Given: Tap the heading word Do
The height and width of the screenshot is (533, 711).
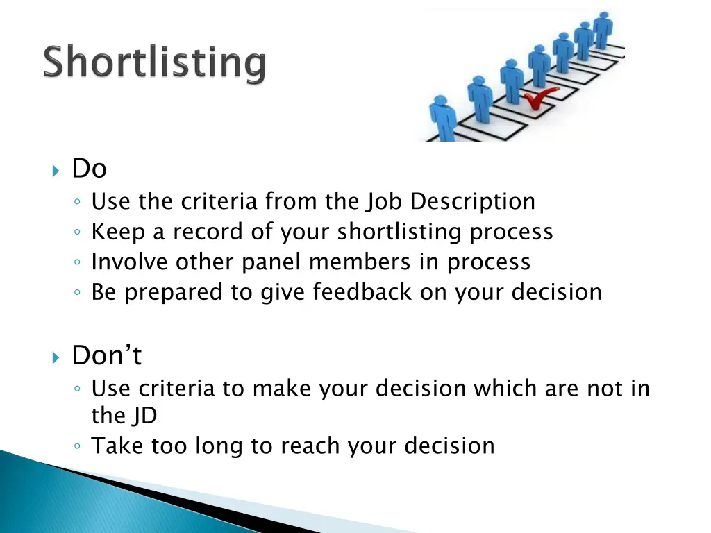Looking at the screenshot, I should [89, 169].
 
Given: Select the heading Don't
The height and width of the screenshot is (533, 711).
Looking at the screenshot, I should [106, 356].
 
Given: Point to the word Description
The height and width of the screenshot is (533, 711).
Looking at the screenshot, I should [472, 201].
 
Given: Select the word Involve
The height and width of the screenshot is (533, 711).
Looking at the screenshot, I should [130, 262].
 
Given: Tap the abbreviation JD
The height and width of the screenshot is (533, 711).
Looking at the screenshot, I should [144, 416].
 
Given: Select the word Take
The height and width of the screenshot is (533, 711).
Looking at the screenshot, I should [116, 446].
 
